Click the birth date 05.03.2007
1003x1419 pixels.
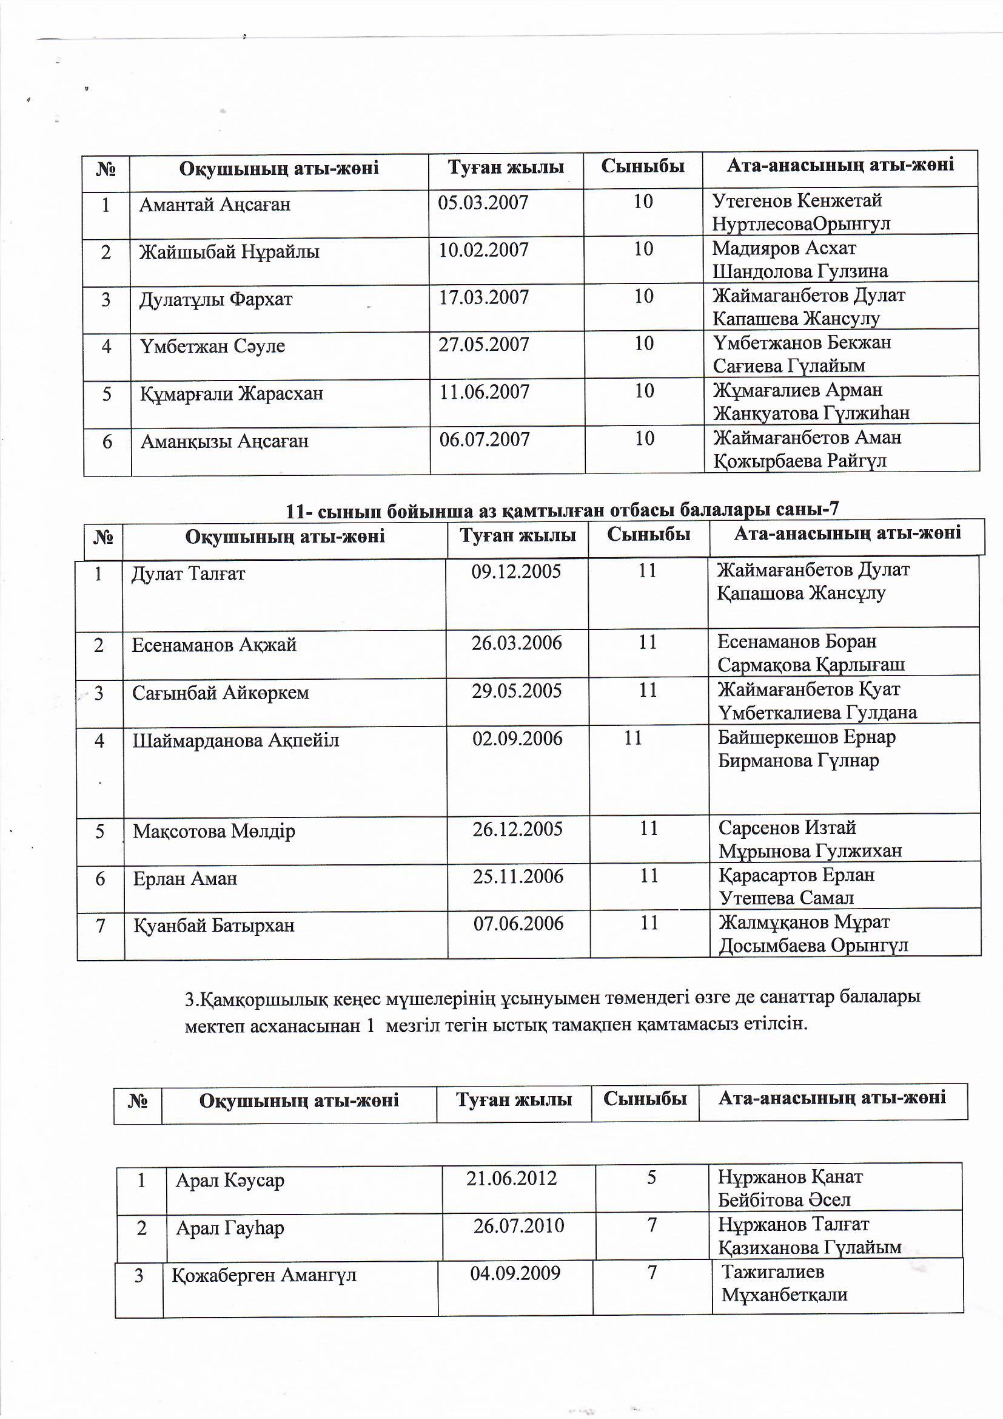click(483, 203)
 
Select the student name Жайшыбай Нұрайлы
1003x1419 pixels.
click(229, 252)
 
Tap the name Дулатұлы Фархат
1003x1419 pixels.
click(215, 300)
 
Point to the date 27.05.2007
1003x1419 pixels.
click(483, 344)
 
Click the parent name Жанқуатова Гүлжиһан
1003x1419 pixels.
click(811, 413)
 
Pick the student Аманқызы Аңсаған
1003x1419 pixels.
click(224, 441)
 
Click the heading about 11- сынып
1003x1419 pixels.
click(562, 510)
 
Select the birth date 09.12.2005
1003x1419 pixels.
click(516, 571)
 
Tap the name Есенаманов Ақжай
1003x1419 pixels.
click(213, 645)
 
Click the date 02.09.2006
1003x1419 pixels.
click(517, 739)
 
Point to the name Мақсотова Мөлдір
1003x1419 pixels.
click(213, 831)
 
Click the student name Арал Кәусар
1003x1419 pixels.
click(230, 1180)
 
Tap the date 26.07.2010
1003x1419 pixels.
click(519, 1225)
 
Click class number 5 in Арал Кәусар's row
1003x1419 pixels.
click(651, 1178)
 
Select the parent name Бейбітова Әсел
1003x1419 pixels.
click(783, 1201)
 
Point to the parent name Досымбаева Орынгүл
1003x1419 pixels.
click(813, 946)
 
